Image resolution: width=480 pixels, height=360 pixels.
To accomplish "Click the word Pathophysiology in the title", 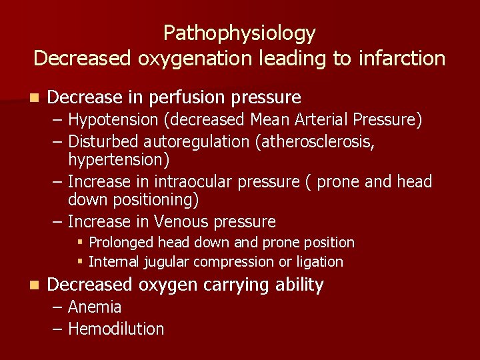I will [x=239, y=33].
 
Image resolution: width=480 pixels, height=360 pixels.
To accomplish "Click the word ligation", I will [x=319, y=262].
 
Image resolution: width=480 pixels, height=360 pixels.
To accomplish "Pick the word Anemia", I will [x=95, y=307].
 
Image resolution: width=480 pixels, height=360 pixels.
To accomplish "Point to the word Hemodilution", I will [x=116, y=329].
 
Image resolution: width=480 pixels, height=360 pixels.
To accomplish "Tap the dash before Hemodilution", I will [x=58, y=329].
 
